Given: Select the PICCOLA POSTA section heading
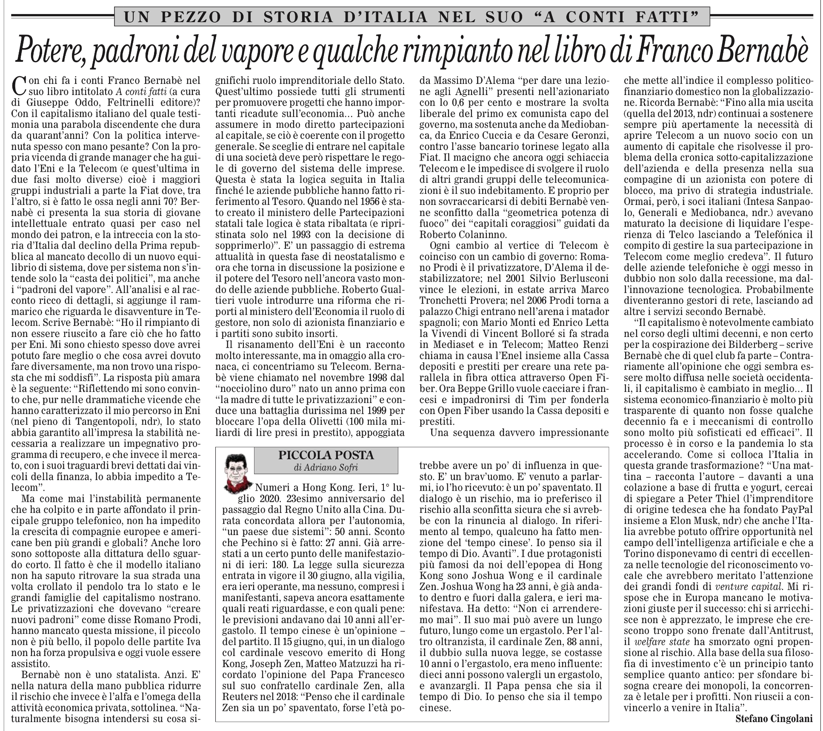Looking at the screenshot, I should click(326, 455).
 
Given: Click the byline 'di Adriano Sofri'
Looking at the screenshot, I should click(326, 467).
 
